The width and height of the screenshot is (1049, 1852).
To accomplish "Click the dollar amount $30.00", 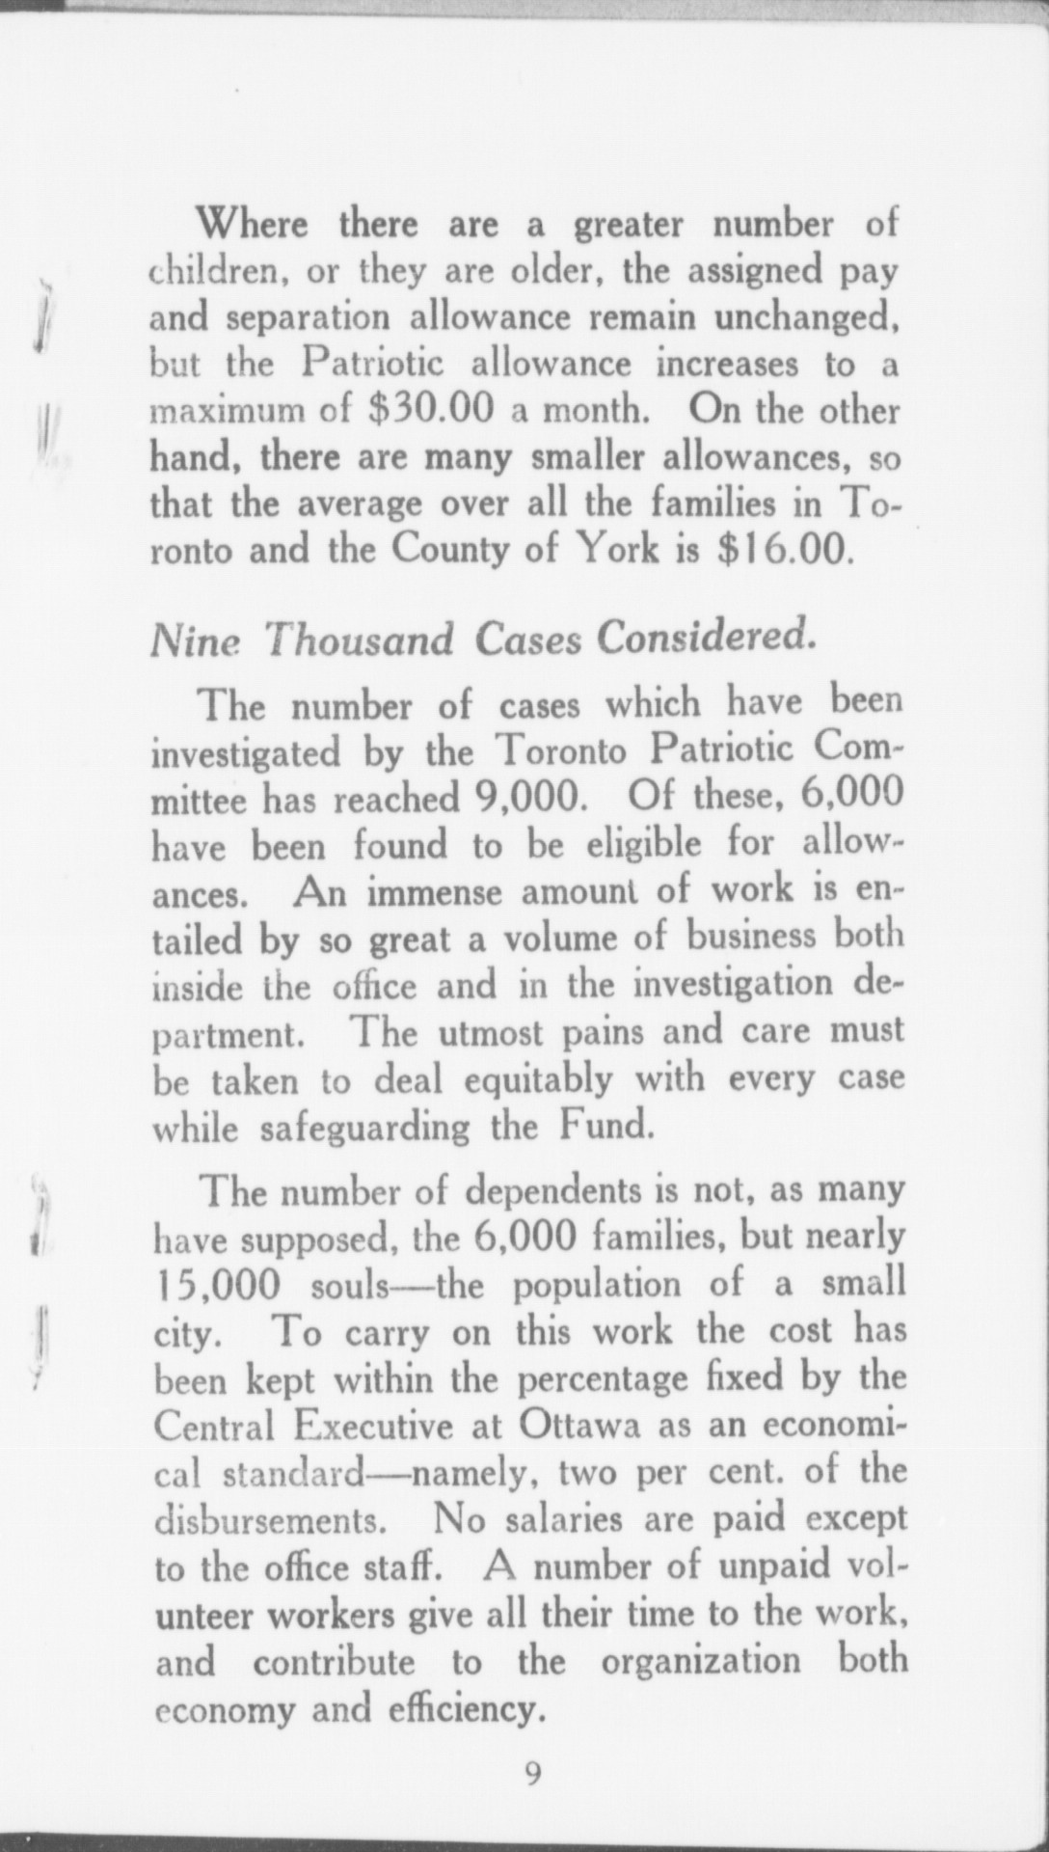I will pyautogui.click(x=431, y=410).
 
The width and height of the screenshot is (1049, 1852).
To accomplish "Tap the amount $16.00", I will pyautogui.click(x=786, y=550).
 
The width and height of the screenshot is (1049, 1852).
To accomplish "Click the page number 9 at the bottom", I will pyautogui.click(x=532, y=1773).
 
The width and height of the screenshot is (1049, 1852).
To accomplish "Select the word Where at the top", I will pyautogui.click(x=253, y=225).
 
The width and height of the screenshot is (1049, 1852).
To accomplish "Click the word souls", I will pyautogui.click(x=350, y=1286).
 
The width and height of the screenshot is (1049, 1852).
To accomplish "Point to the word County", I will pyautogui.click(x=450, y=550).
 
